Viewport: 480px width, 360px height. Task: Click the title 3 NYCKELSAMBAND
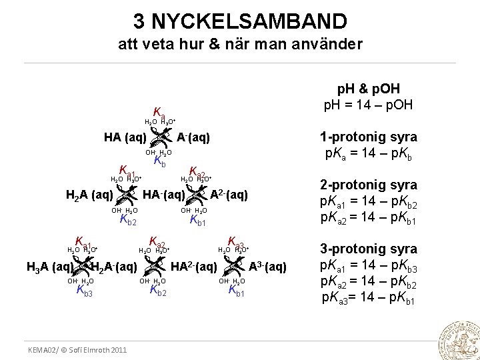click(x=240, y=21)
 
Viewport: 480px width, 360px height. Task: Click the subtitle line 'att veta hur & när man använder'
click(x=240, y=45)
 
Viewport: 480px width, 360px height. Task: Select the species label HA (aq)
click(x=126, y=137)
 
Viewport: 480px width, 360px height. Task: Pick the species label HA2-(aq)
click(x=194, y=267)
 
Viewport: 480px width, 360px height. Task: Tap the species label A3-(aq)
click(x=268, y=267)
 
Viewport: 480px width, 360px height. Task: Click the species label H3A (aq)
click(x=49, y=267)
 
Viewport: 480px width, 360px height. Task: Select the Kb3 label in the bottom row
click(x=85, y=291)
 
